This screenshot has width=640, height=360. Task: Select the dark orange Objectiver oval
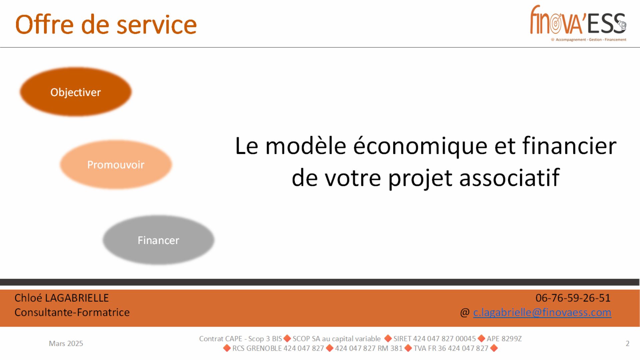(76, 92)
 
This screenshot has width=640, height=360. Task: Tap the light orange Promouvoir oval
(116, 165)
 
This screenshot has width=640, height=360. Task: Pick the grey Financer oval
(158, 240)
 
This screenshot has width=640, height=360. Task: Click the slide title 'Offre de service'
(106, 25)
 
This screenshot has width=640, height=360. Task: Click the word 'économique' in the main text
(420, 147)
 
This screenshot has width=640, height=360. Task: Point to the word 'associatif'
(509, 178)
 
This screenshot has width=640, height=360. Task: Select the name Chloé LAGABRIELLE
(62, 298)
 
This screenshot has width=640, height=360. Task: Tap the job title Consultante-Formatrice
(72, 312)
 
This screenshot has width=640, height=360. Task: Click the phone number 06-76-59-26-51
(573, 298)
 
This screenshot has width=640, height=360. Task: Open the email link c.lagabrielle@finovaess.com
(542, 312)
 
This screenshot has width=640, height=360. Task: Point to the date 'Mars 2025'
(66, 343)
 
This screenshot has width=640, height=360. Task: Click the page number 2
(628, 343)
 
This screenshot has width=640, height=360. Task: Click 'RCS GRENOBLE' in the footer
(257, 348)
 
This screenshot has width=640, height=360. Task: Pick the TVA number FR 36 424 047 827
(451, 348)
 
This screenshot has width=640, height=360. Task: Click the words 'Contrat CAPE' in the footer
(221, 339)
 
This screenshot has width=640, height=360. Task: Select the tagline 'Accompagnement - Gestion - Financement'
(591, 40)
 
